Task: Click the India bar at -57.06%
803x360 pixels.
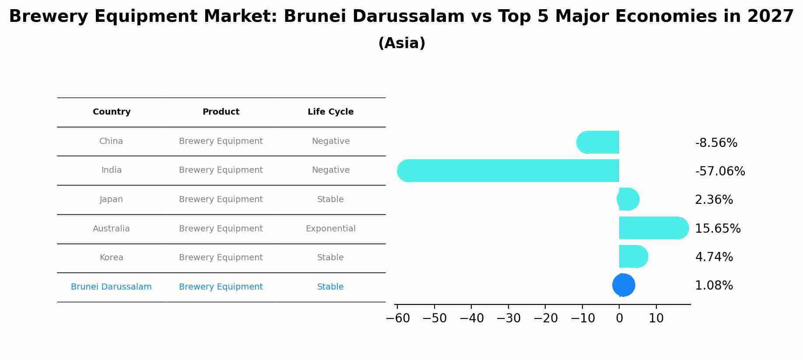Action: [x=508, y=171]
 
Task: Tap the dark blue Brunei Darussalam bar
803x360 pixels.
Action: [x=624, y=285]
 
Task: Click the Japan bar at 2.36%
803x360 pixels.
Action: [x=628, y=199]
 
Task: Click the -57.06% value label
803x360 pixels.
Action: [x=720, y=171]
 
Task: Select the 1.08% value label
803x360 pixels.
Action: [x=714, y=286]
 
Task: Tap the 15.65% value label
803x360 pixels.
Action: [x=718, y=229]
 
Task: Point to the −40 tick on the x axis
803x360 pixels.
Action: [x=471, y=318]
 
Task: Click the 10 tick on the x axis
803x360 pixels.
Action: [x=656, y=318]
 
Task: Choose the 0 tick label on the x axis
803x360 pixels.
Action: [x=619, y=318]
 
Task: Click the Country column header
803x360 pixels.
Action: [x=112, y=112]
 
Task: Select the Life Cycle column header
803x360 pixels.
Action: [x=330, y=112]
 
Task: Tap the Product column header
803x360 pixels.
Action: [x=221, y=112]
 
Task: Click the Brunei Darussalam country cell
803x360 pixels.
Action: [x=111, y=287]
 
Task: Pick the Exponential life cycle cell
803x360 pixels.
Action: [x=330, y=229]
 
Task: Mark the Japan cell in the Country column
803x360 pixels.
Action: [x=111, y=199]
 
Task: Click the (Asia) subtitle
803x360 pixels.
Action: [x=401, y=43]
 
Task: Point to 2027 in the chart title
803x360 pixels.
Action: [x=770, y=17]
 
